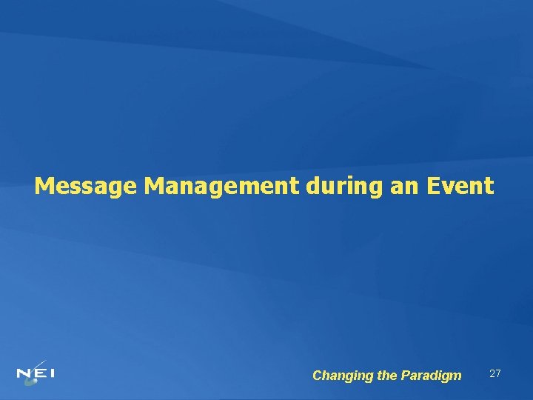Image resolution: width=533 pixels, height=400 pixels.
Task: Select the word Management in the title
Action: coord(221,185)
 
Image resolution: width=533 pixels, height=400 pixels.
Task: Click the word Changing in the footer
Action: coord(343,376)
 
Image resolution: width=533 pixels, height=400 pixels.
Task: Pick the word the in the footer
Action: coord(387,376)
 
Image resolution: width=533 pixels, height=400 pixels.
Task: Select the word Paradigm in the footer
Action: coord(431,376)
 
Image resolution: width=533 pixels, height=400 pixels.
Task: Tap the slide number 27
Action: coord(495,373)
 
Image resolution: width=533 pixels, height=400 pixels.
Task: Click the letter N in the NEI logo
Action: coord(24,373)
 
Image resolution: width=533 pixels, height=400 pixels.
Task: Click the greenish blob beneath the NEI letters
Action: coord(30,381)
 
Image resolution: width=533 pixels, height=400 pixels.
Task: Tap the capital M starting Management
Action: coord(155,185)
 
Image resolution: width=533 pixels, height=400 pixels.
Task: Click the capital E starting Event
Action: coord(436,185)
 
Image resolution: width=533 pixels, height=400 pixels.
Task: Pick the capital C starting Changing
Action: coord(318,376)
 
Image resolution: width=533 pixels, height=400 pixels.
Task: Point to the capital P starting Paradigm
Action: coord(404,376)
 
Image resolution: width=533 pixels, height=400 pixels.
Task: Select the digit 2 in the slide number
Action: coord(492,373)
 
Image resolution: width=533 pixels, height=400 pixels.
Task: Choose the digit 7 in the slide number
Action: coord(499,373)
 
